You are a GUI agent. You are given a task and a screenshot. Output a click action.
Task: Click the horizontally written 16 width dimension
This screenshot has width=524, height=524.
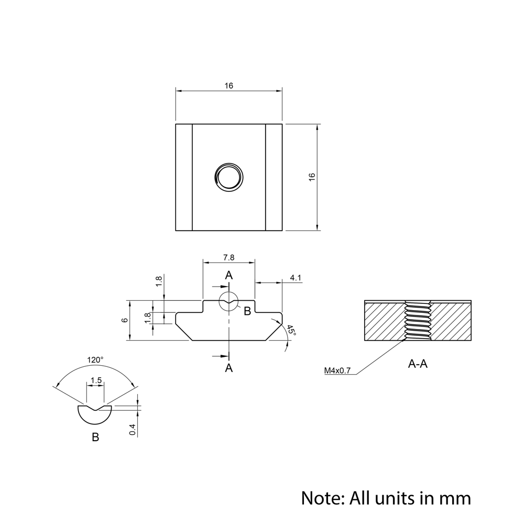229,85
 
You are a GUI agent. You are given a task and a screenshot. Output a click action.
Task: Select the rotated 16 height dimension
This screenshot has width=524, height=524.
312,177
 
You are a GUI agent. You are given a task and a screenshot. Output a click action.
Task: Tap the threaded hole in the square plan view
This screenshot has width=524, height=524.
229,177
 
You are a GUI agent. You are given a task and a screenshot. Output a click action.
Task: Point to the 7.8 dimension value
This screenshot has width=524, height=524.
229,257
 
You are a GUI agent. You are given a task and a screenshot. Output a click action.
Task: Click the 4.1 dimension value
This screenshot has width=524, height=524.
296,278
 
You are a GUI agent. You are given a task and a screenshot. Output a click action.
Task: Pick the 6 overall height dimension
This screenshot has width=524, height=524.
124,320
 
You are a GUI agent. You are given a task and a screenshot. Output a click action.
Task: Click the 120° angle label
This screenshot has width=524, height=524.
95,360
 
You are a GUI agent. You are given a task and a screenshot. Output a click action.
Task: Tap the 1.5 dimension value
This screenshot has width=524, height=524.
96,380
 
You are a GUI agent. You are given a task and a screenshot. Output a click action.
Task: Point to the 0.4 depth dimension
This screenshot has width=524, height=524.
133,429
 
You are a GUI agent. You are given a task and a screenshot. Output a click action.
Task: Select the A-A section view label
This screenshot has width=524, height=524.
418,364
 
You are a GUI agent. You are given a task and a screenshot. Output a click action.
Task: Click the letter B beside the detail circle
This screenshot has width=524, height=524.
247,311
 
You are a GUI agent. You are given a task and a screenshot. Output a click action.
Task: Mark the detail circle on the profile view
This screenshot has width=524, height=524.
229,302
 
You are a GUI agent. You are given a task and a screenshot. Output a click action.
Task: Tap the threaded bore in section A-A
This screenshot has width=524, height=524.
418,321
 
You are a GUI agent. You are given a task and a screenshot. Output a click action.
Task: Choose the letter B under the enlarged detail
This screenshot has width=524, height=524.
95,437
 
